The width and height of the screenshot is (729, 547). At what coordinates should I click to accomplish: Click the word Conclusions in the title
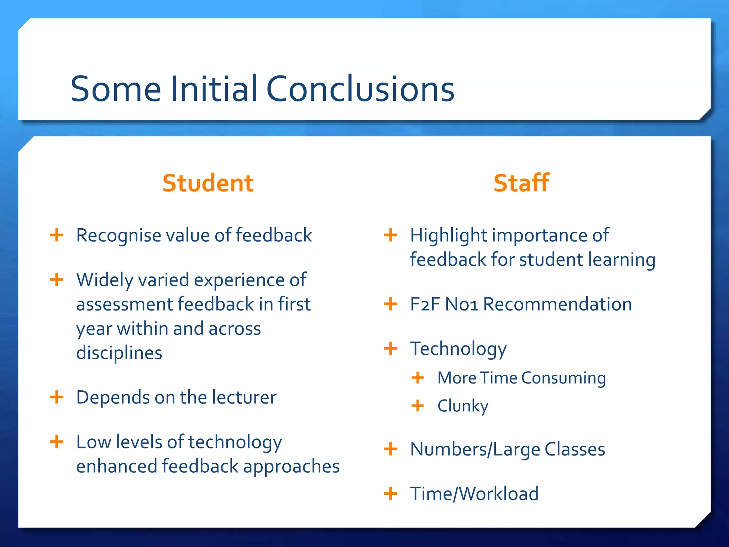(360, 89)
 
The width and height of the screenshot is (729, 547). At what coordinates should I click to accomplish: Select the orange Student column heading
(208, 183)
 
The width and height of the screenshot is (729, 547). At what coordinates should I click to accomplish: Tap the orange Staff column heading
(521, 183)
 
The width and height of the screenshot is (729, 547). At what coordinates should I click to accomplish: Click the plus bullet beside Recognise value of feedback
(57, 235)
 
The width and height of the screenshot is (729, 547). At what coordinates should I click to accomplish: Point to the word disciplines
(119, 353)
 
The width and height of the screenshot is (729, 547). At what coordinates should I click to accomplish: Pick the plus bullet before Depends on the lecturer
(57, 397)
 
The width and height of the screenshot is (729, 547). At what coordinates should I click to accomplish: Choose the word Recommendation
(557, 304)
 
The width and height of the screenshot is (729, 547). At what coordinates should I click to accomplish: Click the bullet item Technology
(458, 349)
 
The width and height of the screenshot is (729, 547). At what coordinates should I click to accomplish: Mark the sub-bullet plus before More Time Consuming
(418, 378)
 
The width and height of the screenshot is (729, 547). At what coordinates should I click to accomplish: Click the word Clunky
(463, 406)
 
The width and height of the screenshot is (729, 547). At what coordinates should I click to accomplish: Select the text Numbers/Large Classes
(507, 449)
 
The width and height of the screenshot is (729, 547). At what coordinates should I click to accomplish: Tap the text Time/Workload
(474, 494)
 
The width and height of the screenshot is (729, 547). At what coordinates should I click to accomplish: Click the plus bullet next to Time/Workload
(390, 494)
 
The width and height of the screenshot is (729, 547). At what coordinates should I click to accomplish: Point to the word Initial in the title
(214, 89)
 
